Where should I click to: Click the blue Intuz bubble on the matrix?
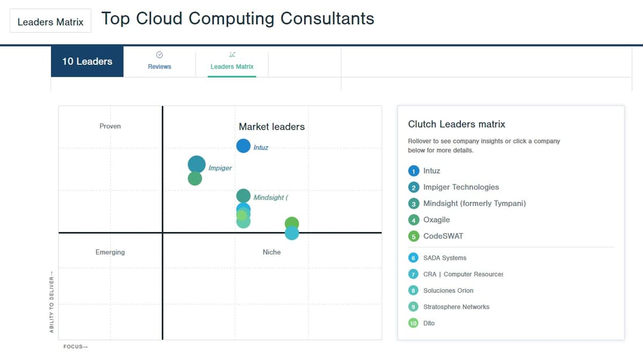243,146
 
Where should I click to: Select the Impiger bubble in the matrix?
197,164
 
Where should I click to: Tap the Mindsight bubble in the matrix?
243,196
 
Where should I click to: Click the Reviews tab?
160,61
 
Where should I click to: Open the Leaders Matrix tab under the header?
232,61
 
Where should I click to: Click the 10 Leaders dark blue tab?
87,61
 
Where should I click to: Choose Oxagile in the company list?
437,220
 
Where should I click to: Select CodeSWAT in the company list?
443,236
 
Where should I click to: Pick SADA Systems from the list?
445,258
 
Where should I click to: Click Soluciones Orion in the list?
448,290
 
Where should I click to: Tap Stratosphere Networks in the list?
457,307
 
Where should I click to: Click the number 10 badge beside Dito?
413,323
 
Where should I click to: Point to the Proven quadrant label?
110,126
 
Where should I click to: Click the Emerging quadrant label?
110,252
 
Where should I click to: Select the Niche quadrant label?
272,252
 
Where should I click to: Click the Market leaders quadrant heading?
272,126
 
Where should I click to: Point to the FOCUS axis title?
76,347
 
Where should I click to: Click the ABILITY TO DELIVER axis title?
51,302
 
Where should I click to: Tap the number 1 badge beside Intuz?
414,171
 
